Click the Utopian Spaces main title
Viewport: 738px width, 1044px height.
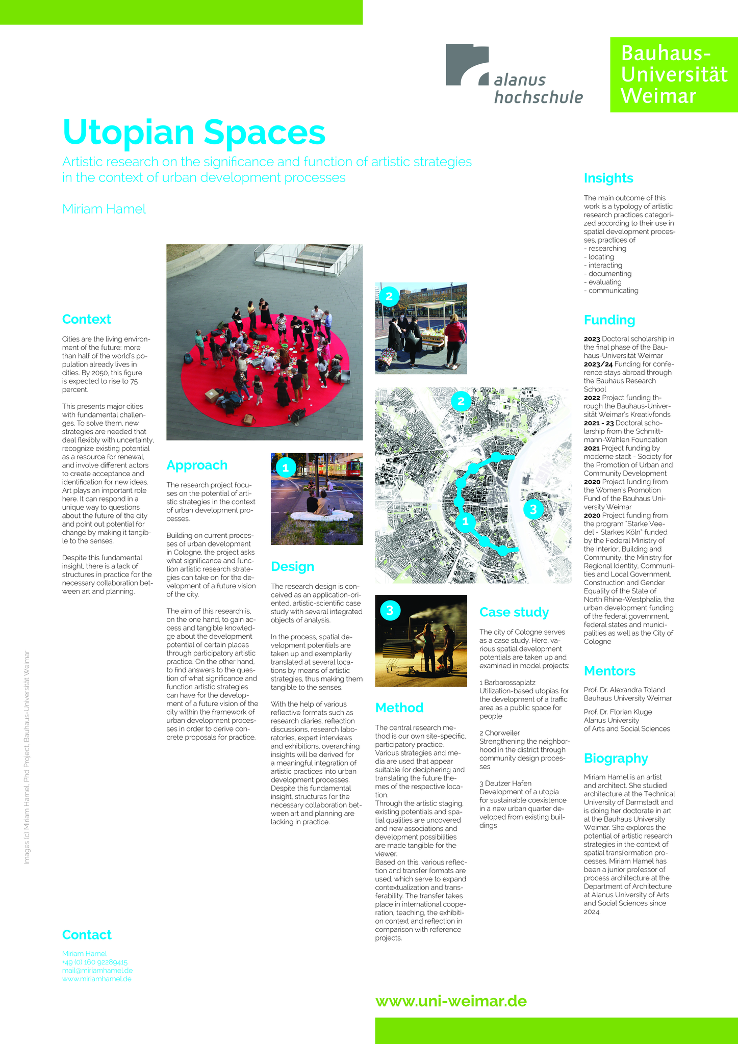point(194,133)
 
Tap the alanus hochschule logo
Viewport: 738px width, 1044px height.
point(514,74)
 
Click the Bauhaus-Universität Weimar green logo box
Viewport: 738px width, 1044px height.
point(674,74)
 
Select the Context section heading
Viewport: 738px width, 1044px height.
point(86,320)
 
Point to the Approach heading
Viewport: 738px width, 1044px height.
point(197,465)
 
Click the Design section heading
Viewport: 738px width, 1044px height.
point(292,567)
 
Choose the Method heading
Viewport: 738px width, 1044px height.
point(399,708)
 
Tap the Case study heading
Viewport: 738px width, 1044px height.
point(514,612)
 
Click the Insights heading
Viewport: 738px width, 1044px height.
point(608,178)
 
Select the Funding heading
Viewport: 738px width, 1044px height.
point(609,320)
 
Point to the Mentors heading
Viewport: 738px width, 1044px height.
point(609,671)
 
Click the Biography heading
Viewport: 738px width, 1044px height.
point(616,759)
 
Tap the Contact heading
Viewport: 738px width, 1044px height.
point(87,935)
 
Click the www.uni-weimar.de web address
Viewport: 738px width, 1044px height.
point(451,1001)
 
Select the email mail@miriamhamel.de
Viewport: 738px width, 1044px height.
point(97,971)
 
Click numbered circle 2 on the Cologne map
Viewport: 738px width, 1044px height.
point(461,401)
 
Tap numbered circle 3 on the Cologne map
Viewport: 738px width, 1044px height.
point(533,509)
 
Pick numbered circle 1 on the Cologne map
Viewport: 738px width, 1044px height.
point(465,521)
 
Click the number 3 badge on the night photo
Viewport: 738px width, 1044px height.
point(390,610)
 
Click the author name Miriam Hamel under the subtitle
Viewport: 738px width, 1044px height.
point(104,209)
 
